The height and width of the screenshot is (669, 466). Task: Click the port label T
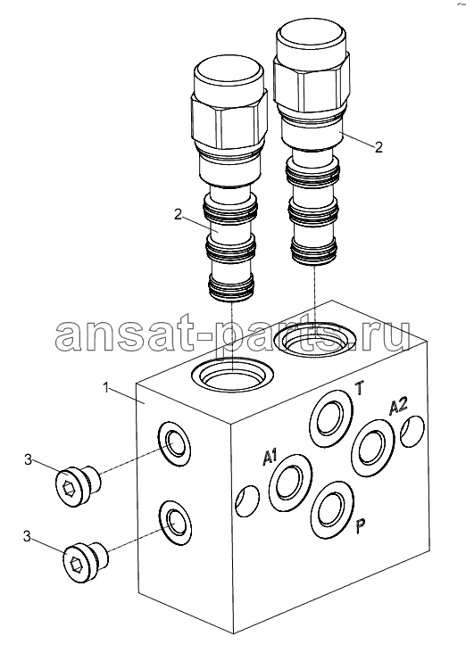[x=360, y=389]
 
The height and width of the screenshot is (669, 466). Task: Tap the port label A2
[x=398, y=405]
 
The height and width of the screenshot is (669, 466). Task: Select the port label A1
[x=270, y=458]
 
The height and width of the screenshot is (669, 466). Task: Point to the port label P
[x=361, y=526]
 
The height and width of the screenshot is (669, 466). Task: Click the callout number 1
[x=105, y=387]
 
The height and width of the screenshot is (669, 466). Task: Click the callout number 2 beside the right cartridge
[x=379, y=147]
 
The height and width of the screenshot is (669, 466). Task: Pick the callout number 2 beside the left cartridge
[x=179, y=215]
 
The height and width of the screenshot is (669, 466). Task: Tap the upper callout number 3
[x=28, y=460]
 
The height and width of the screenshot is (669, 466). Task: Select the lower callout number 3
[x=27, y=537]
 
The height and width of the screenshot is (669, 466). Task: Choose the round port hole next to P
[x=332, y=510]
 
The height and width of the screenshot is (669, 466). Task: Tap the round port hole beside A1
[x=290, y=483]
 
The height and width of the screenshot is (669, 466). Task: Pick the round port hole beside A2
[x=373, y=447]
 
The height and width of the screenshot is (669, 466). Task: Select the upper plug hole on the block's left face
[x=174, y=444]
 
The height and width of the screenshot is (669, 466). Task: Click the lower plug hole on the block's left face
[x=175, y=522]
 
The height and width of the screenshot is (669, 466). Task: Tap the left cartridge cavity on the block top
[x=232, y=374]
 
